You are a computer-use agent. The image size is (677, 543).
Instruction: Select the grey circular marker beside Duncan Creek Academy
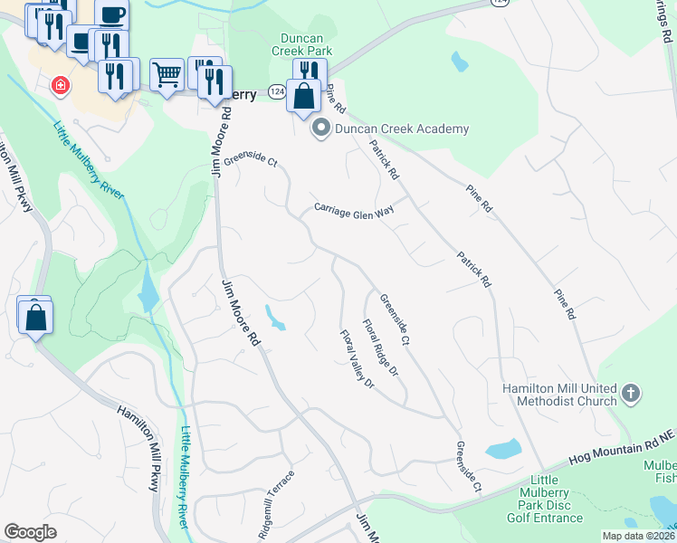[x=320, y=129]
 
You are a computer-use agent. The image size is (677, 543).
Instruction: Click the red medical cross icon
[x=61, y=85]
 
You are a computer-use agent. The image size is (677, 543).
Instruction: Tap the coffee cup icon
[x=112, y=14]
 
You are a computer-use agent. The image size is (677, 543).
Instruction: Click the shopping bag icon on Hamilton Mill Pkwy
[x=35, y=318]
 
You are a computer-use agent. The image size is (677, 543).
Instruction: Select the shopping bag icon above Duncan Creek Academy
[x=305, y=95]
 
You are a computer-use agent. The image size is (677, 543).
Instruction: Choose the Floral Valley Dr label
[x=357, y=359]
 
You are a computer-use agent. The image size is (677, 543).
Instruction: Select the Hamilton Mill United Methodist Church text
[x=560, y=395]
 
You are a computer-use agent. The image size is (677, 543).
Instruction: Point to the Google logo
[x=30, y=531]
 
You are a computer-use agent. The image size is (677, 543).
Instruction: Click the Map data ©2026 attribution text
[x=638, y=536]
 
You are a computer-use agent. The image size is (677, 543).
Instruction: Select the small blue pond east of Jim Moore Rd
[x=274, y=317]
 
